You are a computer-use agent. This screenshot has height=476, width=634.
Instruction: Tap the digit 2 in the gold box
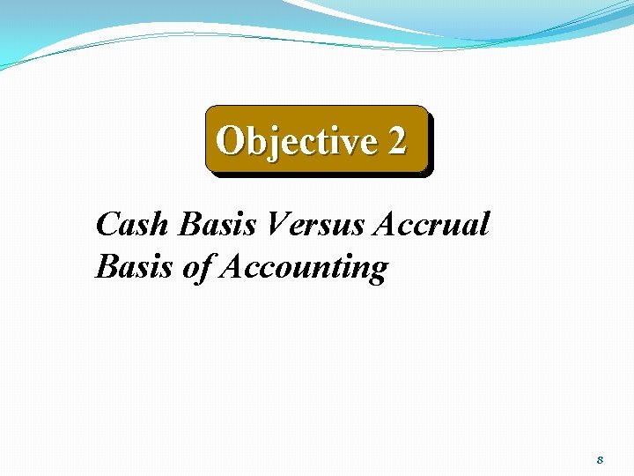tap(396, 140)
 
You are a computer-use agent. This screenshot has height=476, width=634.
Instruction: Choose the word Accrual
tap(431, 225)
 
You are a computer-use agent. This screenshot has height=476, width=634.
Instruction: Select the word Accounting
tap(303, 268)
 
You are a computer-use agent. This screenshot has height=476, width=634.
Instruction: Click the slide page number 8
tap(600, 459)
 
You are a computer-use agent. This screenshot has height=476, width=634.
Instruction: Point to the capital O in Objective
tap(230, 140)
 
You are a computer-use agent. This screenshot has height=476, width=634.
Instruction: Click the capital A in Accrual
tap(387, 225)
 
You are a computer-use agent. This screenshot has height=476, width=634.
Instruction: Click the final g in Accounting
tap(376, 271)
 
